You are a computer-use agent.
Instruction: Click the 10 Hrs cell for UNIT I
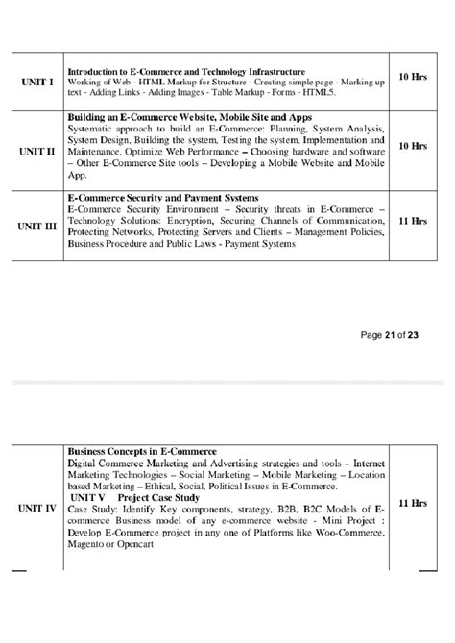point(413,76)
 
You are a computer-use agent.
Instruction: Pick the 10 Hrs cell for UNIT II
point(413,146)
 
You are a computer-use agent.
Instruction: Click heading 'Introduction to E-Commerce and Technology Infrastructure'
point(186,71)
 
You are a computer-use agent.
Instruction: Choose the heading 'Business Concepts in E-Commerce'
point(142,450)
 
